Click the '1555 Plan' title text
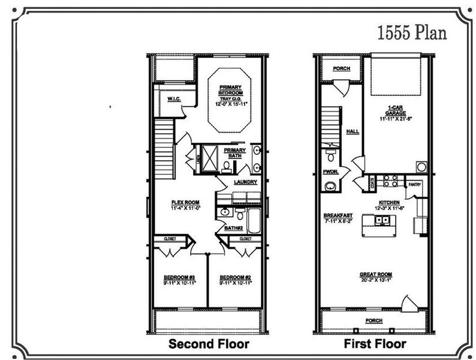(x=411, y=32)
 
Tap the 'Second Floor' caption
(x=208, y=344)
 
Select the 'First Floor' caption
(x=374, y=344)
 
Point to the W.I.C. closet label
(x=174, y=98)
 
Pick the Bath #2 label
(x=233, y=229)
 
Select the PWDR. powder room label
(x=331, y=172)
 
